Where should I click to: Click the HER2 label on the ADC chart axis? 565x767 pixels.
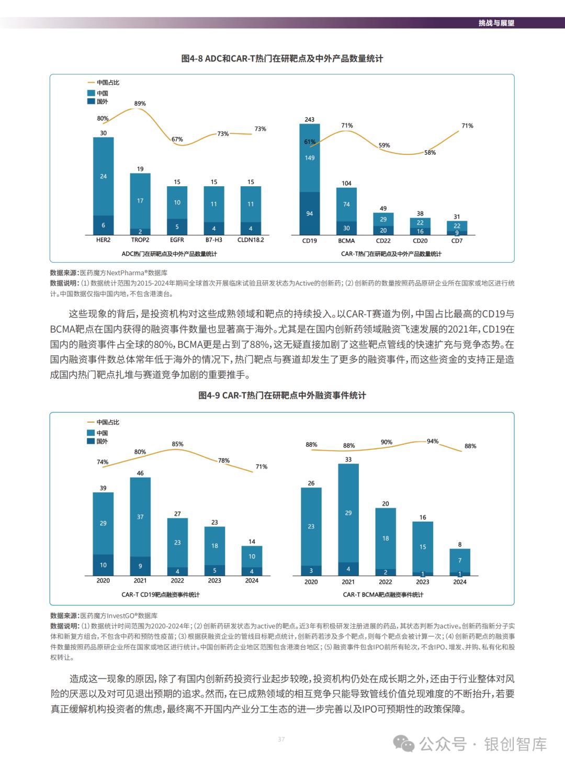point(103,241)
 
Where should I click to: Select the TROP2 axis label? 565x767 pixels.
point(140,241)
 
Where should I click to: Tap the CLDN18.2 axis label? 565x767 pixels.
point(251,241)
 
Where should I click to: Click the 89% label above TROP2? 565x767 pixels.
point(140,104)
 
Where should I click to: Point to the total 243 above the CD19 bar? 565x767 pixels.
point(310,120)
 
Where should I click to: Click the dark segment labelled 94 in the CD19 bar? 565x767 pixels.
point(310,213)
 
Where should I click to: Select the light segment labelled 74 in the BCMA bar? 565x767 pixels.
point(346,205)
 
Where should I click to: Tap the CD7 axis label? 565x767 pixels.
point(457,241)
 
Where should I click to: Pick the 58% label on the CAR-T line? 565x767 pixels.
point(430,153)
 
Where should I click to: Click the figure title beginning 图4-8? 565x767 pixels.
point(282,59)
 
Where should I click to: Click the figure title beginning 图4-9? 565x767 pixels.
point(282,396)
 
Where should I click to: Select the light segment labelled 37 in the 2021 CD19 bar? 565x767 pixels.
point(140,517)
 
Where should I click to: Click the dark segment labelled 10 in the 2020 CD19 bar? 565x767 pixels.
point(103,565)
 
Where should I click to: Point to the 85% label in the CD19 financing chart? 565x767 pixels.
point(177,444)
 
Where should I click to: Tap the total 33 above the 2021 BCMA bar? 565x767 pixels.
point(348,460)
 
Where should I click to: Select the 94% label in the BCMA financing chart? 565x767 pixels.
point(433,442)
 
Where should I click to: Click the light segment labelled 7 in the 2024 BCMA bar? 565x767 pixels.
point(460,560)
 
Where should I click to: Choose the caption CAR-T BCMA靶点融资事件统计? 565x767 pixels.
point(383,595)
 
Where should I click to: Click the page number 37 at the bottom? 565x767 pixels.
point(281,739)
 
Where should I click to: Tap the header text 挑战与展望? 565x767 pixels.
point(496,23)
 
